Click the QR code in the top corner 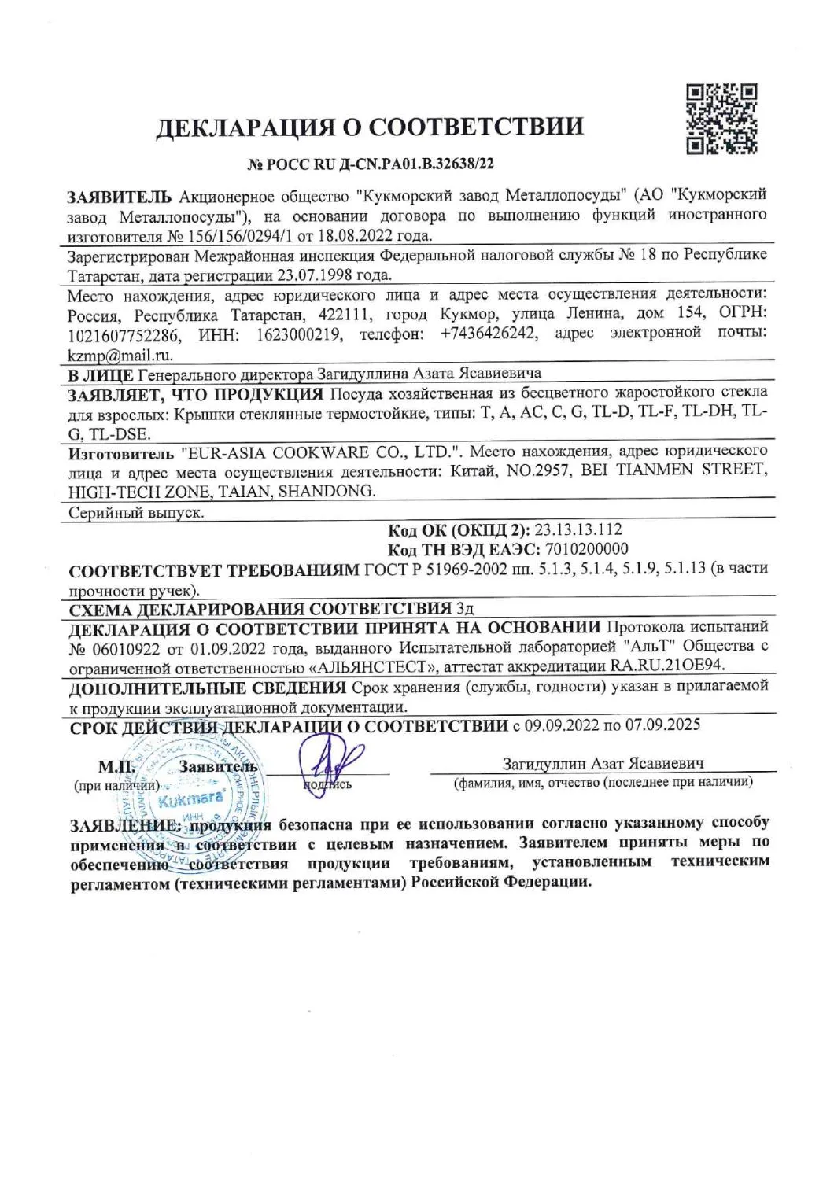tap(721, 118)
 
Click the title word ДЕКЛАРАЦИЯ tap(251, 127)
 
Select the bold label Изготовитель tap(120, 454)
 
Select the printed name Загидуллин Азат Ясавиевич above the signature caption tap(603, 764)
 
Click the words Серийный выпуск tap(136, 512)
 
